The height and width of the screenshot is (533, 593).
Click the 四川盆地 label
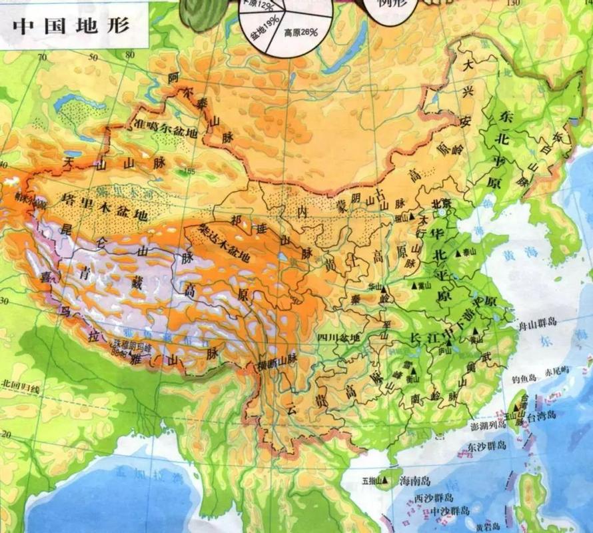coord(338,338)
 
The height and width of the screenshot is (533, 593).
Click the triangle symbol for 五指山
coord(385,480)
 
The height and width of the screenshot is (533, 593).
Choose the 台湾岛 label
coord(540,415)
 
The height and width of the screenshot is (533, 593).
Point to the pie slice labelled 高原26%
coord(299,31)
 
